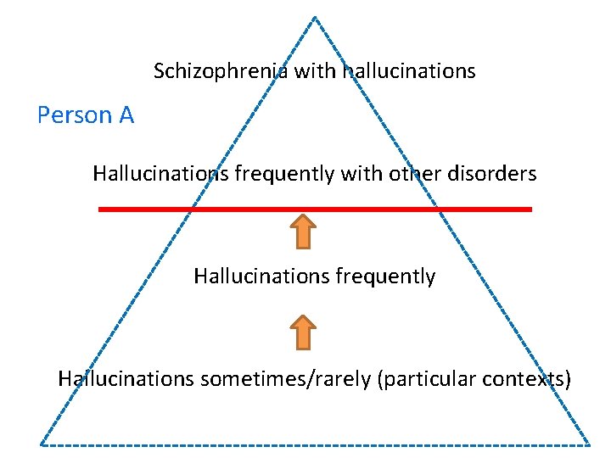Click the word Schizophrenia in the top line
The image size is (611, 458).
(x=222, y=71)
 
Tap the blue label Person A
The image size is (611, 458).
(x=86, y=115)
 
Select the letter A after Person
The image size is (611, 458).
(x=126, y=115)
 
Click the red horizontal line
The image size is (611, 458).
(x=315, y=209)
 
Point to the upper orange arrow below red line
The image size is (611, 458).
(x=304, y=231)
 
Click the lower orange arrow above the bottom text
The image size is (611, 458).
(x=304, y=332)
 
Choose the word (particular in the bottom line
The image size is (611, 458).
(x=427, y=378)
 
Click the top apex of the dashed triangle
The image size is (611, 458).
(x=314, y=17)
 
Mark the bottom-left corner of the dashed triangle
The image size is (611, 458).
(x=41, y=444)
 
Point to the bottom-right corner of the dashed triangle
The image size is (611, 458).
(x=589, y=444)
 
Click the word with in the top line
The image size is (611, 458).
(x=316, y=71)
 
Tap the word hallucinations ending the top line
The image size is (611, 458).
(x=408, y=71)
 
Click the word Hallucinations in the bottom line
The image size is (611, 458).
(x=126, y=378)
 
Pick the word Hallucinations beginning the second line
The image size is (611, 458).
(x=160, y=174)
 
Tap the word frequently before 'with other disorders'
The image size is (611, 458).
(x=284, y=174)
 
